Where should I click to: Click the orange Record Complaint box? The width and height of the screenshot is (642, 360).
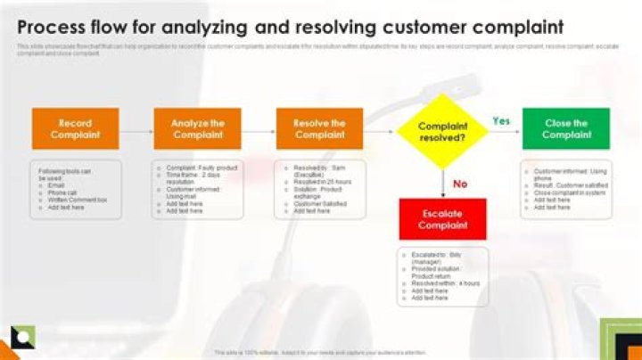click(76, 129)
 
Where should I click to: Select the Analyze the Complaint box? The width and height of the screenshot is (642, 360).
click(198, 129)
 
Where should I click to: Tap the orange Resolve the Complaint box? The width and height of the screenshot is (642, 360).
click(320, 129)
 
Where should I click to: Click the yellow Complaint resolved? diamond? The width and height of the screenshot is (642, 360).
click(442, 132)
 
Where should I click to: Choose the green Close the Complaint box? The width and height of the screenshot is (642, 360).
click(566, 129)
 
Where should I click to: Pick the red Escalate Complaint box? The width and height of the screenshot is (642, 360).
click(442, 219)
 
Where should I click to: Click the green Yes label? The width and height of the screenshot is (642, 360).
click(501, 121)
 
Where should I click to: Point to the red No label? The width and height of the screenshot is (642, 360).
click(460, 184)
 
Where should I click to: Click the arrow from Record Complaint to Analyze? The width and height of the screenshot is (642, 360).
click(136, 131)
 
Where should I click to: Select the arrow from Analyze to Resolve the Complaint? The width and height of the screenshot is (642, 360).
click(259, 131)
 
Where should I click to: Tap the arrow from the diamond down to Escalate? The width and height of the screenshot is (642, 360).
click(443, 184)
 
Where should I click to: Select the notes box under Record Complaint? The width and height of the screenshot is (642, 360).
click(76, 190)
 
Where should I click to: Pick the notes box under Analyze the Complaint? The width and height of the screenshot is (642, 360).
click(198, 190)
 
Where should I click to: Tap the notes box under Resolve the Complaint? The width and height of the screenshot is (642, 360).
click(320, 190)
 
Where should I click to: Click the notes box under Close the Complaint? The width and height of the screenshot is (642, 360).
click(566, 190)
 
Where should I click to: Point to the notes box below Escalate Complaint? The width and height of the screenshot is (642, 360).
click(442, 276)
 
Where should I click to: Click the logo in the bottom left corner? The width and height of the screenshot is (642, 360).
click(22, 338)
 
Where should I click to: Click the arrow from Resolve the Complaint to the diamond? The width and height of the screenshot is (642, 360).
click(380, 131)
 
